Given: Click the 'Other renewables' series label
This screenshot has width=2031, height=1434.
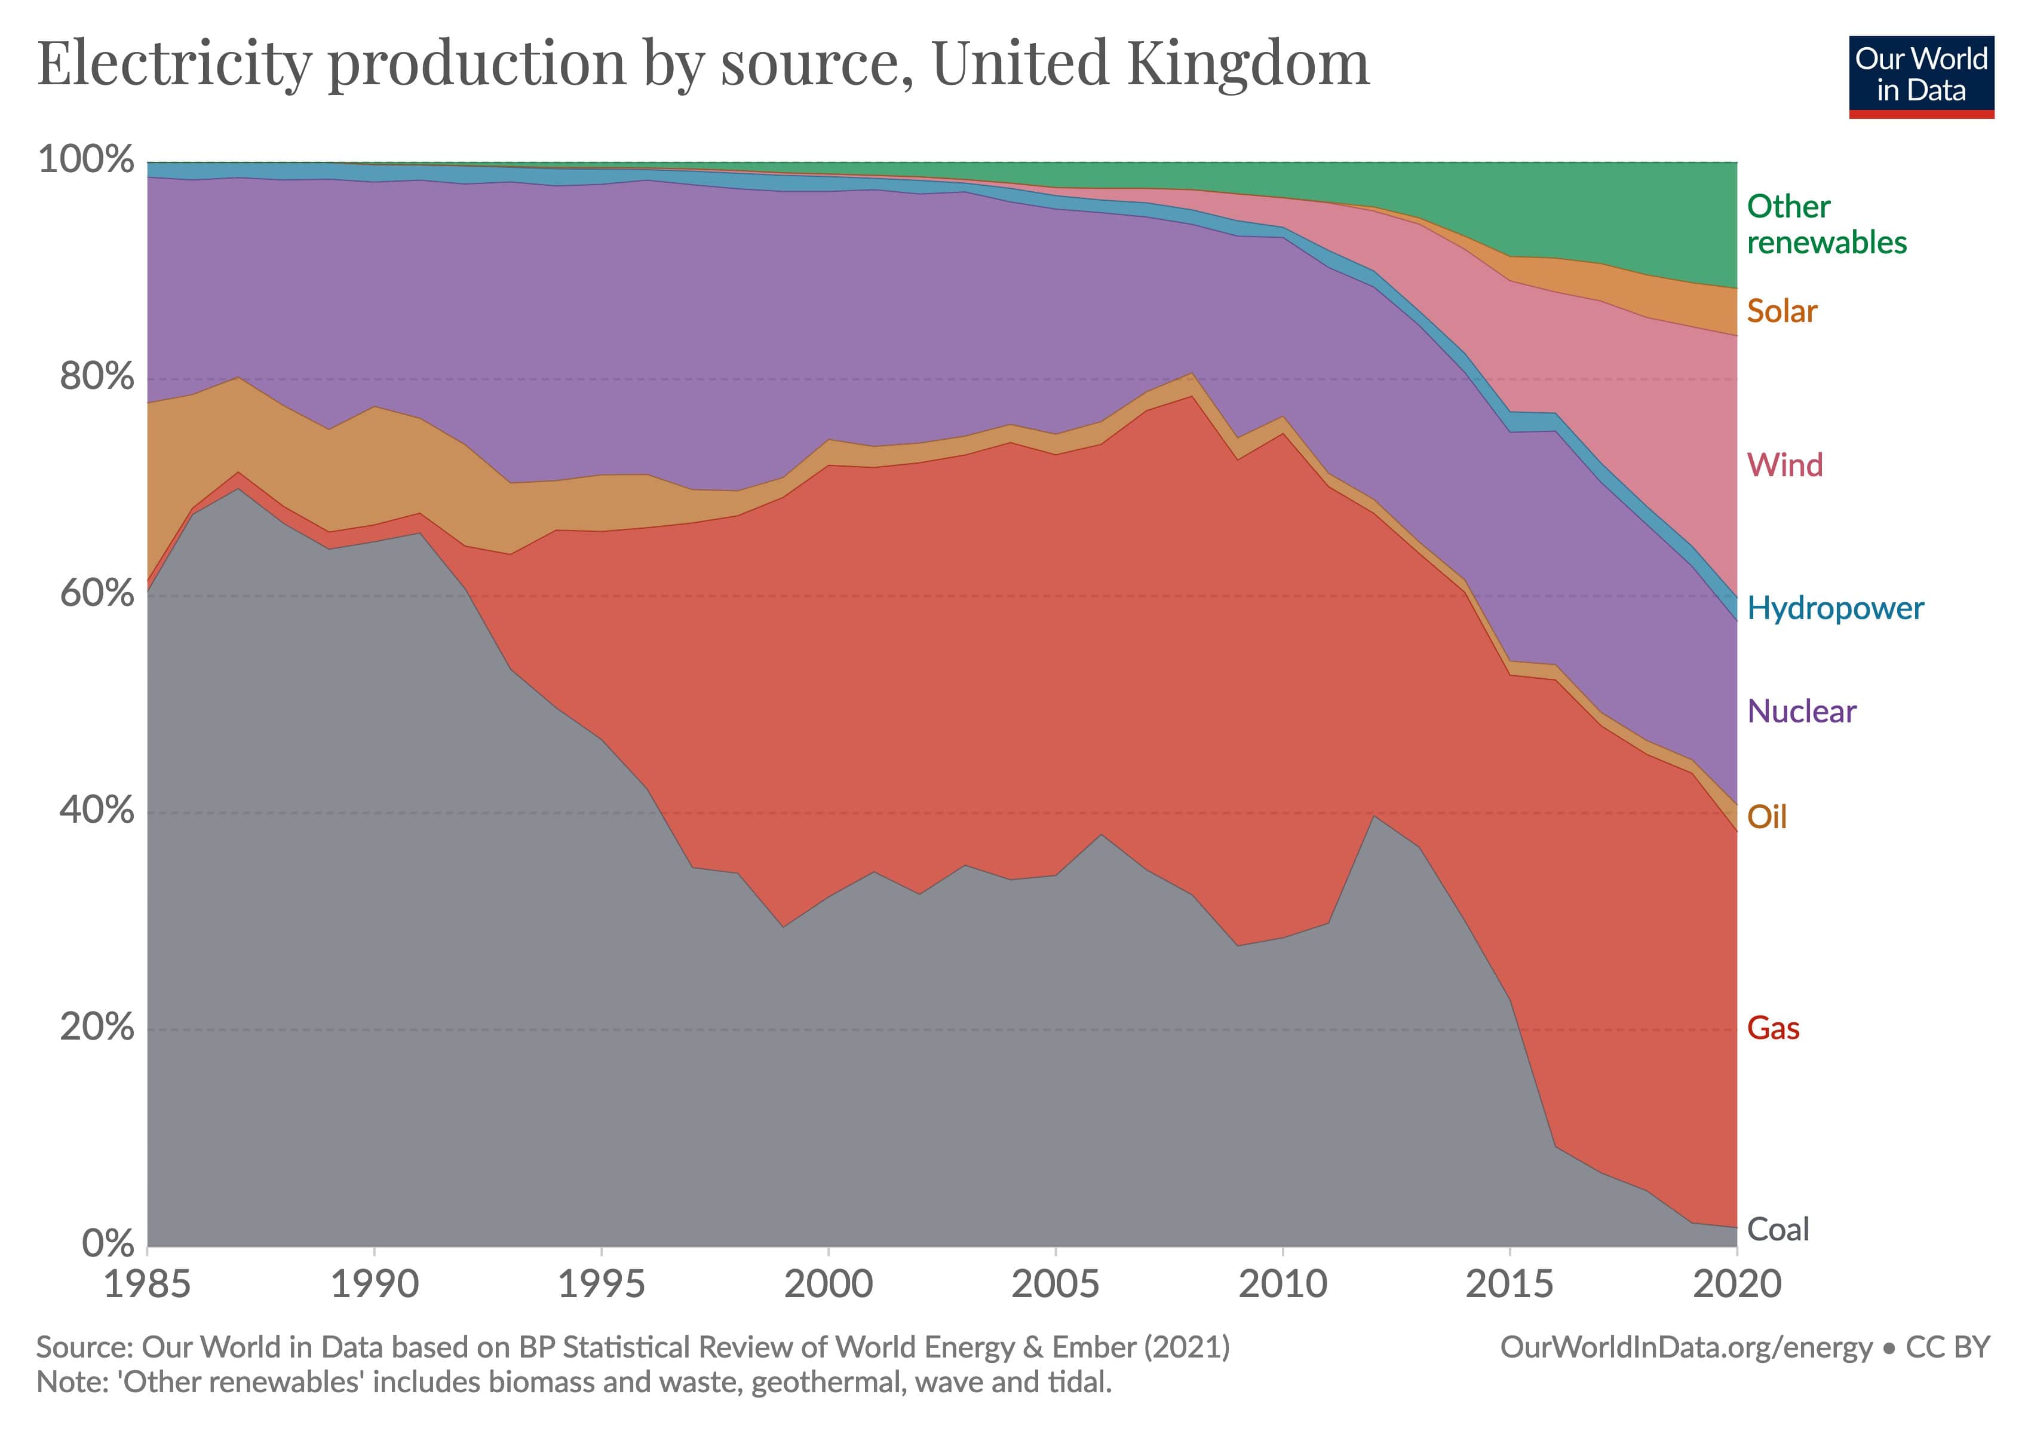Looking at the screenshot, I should [x=1826, y=224].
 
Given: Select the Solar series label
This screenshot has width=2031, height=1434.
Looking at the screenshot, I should [x=1781, y=311].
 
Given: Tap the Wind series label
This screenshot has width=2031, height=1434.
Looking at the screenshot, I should [x=1784, y=465].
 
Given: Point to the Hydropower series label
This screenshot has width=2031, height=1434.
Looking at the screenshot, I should [x=1834, y=609].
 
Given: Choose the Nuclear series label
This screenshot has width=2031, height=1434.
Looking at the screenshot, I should [x=1801, y=711].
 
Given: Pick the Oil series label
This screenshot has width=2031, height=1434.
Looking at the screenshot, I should [x=1766, y=817].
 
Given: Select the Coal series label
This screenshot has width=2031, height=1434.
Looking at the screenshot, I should [x=1778, y=1229].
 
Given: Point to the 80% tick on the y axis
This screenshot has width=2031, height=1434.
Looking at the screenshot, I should [x=96, y=377].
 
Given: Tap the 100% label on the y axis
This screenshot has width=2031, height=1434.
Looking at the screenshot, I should [x=86, y=160].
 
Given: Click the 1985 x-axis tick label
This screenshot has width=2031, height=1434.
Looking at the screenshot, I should [x=147, y=1283].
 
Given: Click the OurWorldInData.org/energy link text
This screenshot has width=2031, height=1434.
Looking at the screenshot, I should [x=1686, y=1347].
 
